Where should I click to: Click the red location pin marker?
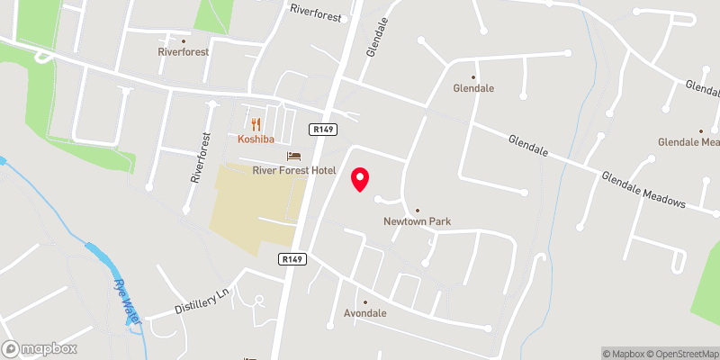coord(360,178)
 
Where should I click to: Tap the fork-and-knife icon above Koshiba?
coord(256,124)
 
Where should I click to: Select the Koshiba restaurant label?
coord(256,139)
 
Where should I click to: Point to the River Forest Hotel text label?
coord(294,170)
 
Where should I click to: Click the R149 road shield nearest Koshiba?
coord(323,130)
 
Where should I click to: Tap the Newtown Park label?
coord(417,221)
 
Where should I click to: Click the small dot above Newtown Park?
coord(417,208)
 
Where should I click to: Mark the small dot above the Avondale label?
coord(365,302)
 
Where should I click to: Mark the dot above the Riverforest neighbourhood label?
coord(184,40)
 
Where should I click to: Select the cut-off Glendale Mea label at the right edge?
coord(689,142)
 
